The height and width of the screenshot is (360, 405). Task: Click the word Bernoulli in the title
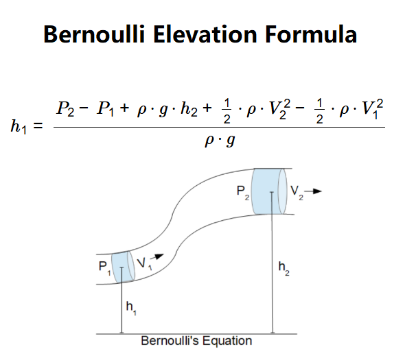pos(94,34)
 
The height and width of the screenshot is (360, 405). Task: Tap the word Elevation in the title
pos(205,34)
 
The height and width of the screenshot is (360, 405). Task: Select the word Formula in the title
pos(311,34)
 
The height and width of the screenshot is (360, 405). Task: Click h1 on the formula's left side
pos(19,127)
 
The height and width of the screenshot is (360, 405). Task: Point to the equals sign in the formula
pos(38,126)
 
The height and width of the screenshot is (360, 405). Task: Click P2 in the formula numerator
pos(65,108)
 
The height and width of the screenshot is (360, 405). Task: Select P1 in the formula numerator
pos(106,108)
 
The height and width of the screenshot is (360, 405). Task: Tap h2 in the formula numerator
pos(189,108)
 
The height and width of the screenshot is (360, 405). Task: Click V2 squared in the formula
pos(280,109)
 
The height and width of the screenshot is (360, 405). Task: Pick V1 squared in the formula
pos(373,109)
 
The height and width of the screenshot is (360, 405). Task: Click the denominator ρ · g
pos(220,141)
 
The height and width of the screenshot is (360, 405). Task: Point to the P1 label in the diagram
pos(105,268)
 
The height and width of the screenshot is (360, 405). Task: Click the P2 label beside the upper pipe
pos(243,193)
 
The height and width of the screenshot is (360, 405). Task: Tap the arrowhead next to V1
pos(159,256)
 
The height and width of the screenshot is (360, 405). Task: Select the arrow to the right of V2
pos(313,191)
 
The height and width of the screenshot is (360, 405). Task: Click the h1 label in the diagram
pos(131,308)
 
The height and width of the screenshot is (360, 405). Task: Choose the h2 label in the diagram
pos(284,269)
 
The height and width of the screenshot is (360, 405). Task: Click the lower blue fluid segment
pos(123,267)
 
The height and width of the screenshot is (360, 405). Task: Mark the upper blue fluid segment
pos(269,191)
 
